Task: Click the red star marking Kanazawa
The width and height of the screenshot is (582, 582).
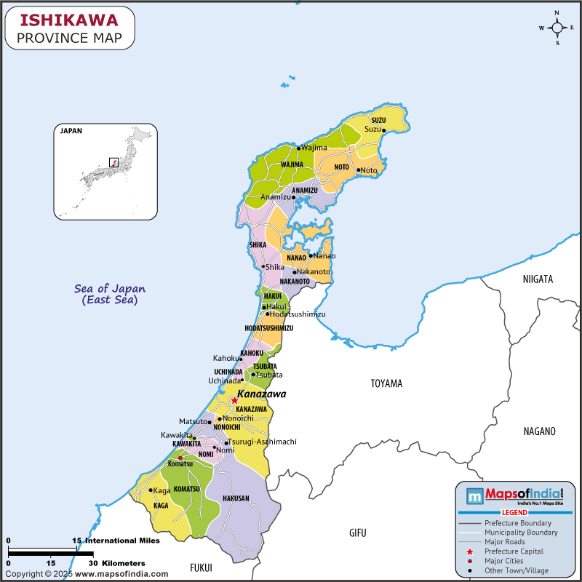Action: [234, 400]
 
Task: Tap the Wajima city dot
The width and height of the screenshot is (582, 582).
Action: [298, 148]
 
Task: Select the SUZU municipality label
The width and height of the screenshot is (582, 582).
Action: [378, 120]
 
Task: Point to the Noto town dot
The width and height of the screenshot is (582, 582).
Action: [358, 170]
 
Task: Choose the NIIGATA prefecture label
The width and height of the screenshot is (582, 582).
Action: [538, 279]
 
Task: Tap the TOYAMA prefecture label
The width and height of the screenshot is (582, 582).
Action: [386, 383]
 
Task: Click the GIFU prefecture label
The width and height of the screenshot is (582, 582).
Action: [357, 533]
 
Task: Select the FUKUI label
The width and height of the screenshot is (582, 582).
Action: [201, 567]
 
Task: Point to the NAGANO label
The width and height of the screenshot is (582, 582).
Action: [539, 431]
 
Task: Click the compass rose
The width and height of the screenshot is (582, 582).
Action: [557, 28]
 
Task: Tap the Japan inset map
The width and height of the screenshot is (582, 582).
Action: [105, 172]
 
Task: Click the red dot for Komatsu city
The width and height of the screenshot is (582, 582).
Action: [180, 458]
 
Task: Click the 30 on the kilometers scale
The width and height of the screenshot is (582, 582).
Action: [92, 563]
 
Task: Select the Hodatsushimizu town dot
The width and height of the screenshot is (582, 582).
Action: [267, 314]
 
